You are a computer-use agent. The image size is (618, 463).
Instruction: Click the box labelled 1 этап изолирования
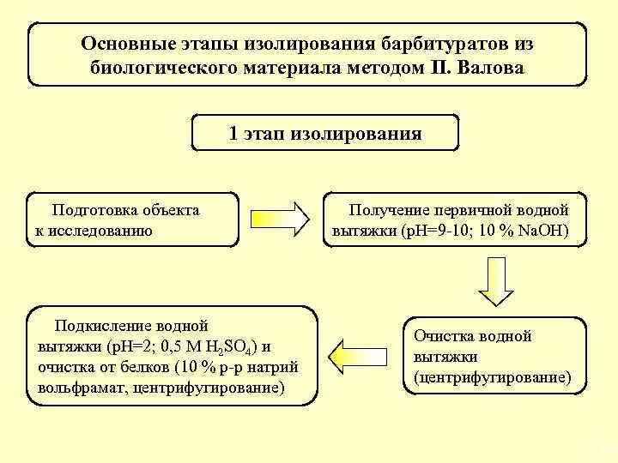(325, 133)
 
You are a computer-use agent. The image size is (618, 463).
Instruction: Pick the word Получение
(389, 210)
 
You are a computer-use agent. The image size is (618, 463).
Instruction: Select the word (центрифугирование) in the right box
(492, 376)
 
